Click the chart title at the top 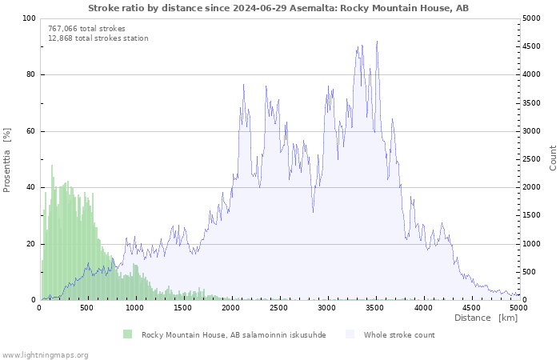coord(278,8)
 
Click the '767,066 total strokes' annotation coord(86,29)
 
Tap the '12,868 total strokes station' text coord(98,38)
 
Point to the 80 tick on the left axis coord(30,75)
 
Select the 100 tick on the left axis coord(29,18)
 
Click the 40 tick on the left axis coord(30,188)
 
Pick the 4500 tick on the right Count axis coord(533,46)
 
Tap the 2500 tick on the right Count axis coord(533,159)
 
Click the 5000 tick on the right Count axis coord(533,18)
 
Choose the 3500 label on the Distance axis coord(375,308)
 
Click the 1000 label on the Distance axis coord(134,308)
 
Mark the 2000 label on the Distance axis coord(231,308)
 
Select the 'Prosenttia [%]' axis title coord(7,159)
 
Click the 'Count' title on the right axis coord(553,158)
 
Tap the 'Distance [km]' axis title coord(486,318)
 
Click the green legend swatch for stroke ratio coord(127,334)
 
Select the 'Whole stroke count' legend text coord(399,335)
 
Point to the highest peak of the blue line coord(377,42)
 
